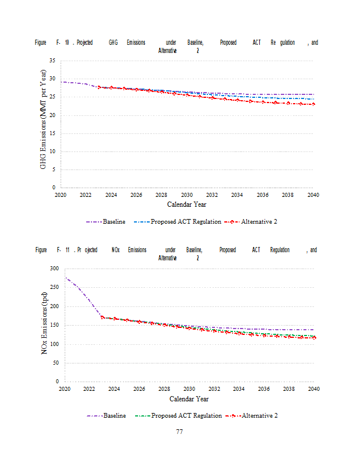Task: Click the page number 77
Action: pos(179,432)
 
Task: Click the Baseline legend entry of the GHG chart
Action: pos(114,221)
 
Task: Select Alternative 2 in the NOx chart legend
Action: pos(259,415)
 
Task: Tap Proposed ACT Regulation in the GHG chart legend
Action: pos(186,221)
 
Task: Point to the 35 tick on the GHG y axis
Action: pos(52,61)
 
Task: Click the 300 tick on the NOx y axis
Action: pos(55,269)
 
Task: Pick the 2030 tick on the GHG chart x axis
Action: pos(187,195)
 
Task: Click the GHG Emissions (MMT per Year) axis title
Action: pos(43,123)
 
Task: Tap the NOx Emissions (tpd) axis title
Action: pos(46,324)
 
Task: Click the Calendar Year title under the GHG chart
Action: pos(186,204)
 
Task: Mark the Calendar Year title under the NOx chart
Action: pos(189,399)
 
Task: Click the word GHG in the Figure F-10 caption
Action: pos(113,43)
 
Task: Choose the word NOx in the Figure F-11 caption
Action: pos(117,250)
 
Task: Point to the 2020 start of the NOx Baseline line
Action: pos(65,277)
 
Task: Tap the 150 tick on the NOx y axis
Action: pos(55,325)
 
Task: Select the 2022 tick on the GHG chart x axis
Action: pos(85,195)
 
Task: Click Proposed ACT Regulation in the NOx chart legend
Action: pos(186,415)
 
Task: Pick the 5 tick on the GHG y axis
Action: pos(54,170)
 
